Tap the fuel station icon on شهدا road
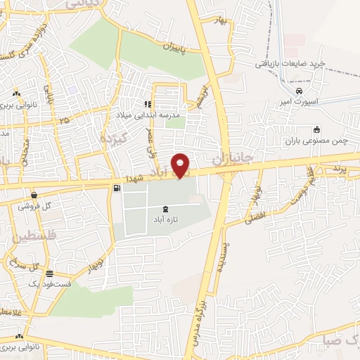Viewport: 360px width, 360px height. (115, 188)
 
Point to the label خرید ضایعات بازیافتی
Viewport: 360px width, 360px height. (290, 63)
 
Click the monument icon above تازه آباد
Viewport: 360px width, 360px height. (165, 209)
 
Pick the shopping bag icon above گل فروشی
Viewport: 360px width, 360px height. (33, 195)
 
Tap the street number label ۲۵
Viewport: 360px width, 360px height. (65, 120)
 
